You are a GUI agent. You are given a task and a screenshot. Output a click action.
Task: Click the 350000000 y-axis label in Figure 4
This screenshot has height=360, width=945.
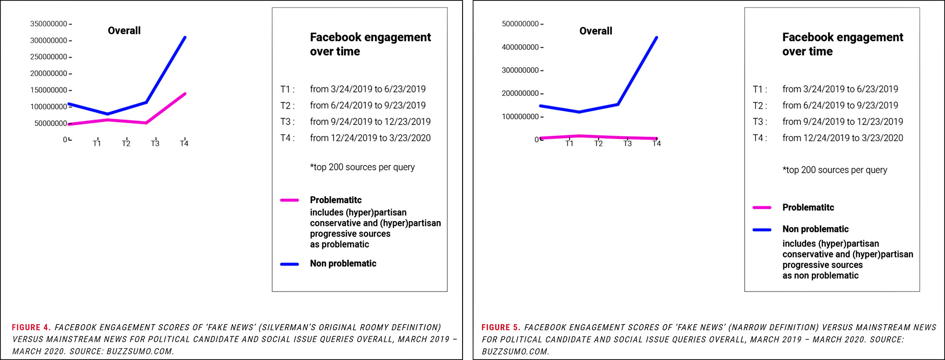pyautogui.click(x=49, y=24)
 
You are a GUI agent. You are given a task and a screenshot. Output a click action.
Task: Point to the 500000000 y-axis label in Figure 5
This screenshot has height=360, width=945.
pyautogui.click(x=520, y=24)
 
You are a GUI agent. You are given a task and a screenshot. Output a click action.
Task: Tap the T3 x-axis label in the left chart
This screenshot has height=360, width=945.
pyautogui.click(x=155, y=144)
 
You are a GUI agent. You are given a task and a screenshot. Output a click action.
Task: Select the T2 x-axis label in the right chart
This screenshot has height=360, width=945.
pyautogui.click(x=598, y=144)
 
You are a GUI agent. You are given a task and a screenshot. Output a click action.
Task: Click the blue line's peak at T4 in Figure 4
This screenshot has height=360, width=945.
pyautogui.click(x=185, y=37)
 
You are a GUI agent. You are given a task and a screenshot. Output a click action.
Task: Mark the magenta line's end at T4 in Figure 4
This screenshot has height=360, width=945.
pyautogui.click(x=185, y=94)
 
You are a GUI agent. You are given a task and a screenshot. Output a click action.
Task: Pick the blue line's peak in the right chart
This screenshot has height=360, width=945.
pyautogui.click(x=656, y=37)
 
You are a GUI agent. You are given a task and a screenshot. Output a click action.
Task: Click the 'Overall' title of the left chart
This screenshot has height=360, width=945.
pyautogui.click(x=124, y=31)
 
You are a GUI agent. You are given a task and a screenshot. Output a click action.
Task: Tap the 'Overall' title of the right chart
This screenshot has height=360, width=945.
pyautogui.click(x=595, y=31)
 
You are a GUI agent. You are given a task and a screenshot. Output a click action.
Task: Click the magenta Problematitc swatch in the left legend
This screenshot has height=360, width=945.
pyautogui.click(x=289, y=200)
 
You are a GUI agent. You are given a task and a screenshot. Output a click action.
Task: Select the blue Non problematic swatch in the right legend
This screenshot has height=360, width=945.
pyautogui.click(x=762, y=230)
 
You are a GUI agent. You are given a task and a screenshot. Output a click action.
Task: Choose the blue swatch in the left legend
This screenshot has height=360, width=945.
pyautogui.click(x=289, y=264)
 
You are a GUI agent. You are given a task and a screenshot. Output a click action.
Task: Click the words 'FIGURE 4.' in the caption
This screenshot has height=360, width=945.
pyautogui.click(x=31, y=327)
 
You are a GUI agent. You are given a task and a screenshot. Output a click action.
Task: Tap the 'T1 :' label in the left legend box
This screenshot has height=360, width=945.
pyautogui.click(x=287, y=89)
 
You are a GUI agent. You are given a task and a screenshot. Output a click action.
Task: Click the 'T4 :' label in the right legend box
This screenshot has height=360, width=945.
pyautogui.click(x=760, y=138)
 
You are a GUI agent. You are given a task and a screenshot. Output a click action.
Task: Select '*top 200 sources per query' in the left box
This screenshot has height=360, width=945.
pyautogui.click(x=362, y=167)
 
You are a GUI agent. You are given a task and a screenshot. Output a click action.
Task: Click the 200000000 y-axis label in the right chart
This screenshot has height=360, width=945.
pyautogui.click(x=520, y=94)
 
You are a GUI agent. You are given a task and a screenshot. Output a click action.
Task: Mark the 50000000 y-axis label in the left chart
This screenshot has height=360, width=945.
pyautogui.click(x=51, y=123)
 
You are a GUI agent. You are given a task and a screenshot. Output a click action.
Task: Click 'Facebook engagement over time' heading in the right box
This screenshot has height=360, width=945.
pyautogui.click(x=842, y=44)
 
